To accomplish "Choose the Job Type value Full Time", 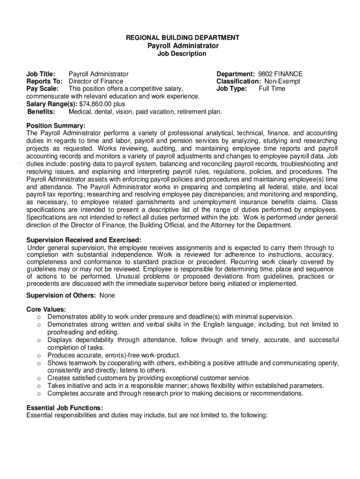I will (x=272, y=89).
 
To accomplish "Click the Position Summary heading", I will (x=56, y=126).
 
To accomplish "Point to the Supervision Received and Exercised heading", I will (x=84, y=240).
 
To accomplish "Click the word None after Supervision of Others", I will (x=107, y=296).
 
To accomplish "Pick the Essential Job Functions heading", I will (x=65, y=407).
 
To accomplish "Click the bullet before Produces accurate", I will (x=38, y=356).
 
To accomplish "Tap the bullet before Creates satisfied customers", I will (x=38, y=378).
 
